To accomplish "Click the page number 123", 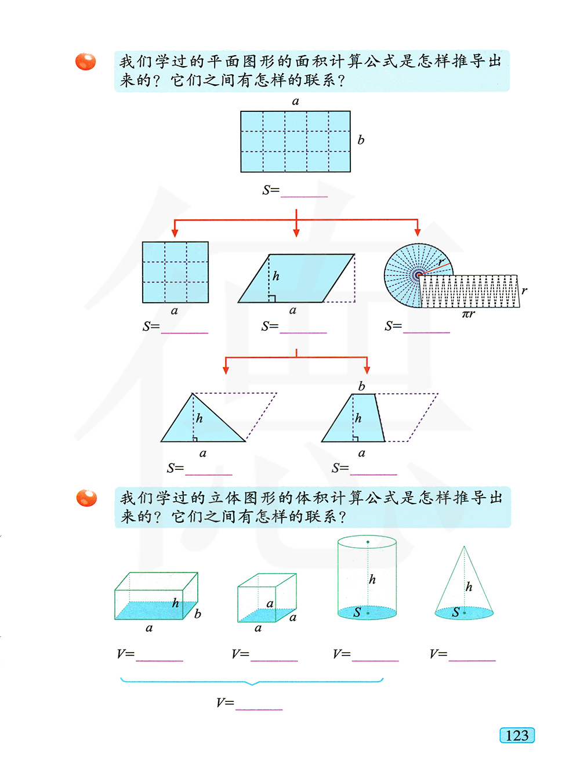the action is click(517, 736).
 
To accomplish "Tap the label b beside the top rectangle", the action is click(360, 140).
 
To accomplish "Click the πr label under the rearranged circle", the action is click(468, 313).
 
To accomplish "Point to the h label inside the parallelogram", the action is click(275, 276).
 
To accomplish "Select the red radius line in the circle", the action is click(434, 269).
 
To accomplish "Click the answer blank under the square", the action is click(184, 332).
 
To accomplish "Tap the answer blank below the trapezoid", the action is click(374, 475).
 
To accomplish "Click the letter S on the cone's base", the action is click(455, 612).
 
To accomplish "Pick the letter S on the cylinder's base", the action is click(357, 612).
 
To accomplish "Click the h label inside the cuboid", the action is click(175, 603).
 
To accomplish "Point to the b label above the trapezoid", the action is click(361, 386).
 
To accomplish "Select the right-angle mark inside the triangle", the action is click(195, 439).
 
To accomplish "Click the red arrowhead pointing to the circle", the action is click(418, 232).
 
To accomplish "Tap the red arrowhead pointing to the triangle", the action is click(226, 370).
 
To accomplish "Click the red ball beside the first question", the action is click(85, 61).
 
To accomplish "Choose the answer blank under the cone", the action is click(472, 660).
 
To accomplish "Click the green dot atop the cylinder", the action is click(368, 542).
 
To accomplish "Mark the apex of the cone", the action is click(464, 546).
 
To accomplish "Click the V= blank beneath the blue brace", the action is click(259, 709).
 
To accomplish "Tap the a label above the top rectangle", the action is click(295, 102).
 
